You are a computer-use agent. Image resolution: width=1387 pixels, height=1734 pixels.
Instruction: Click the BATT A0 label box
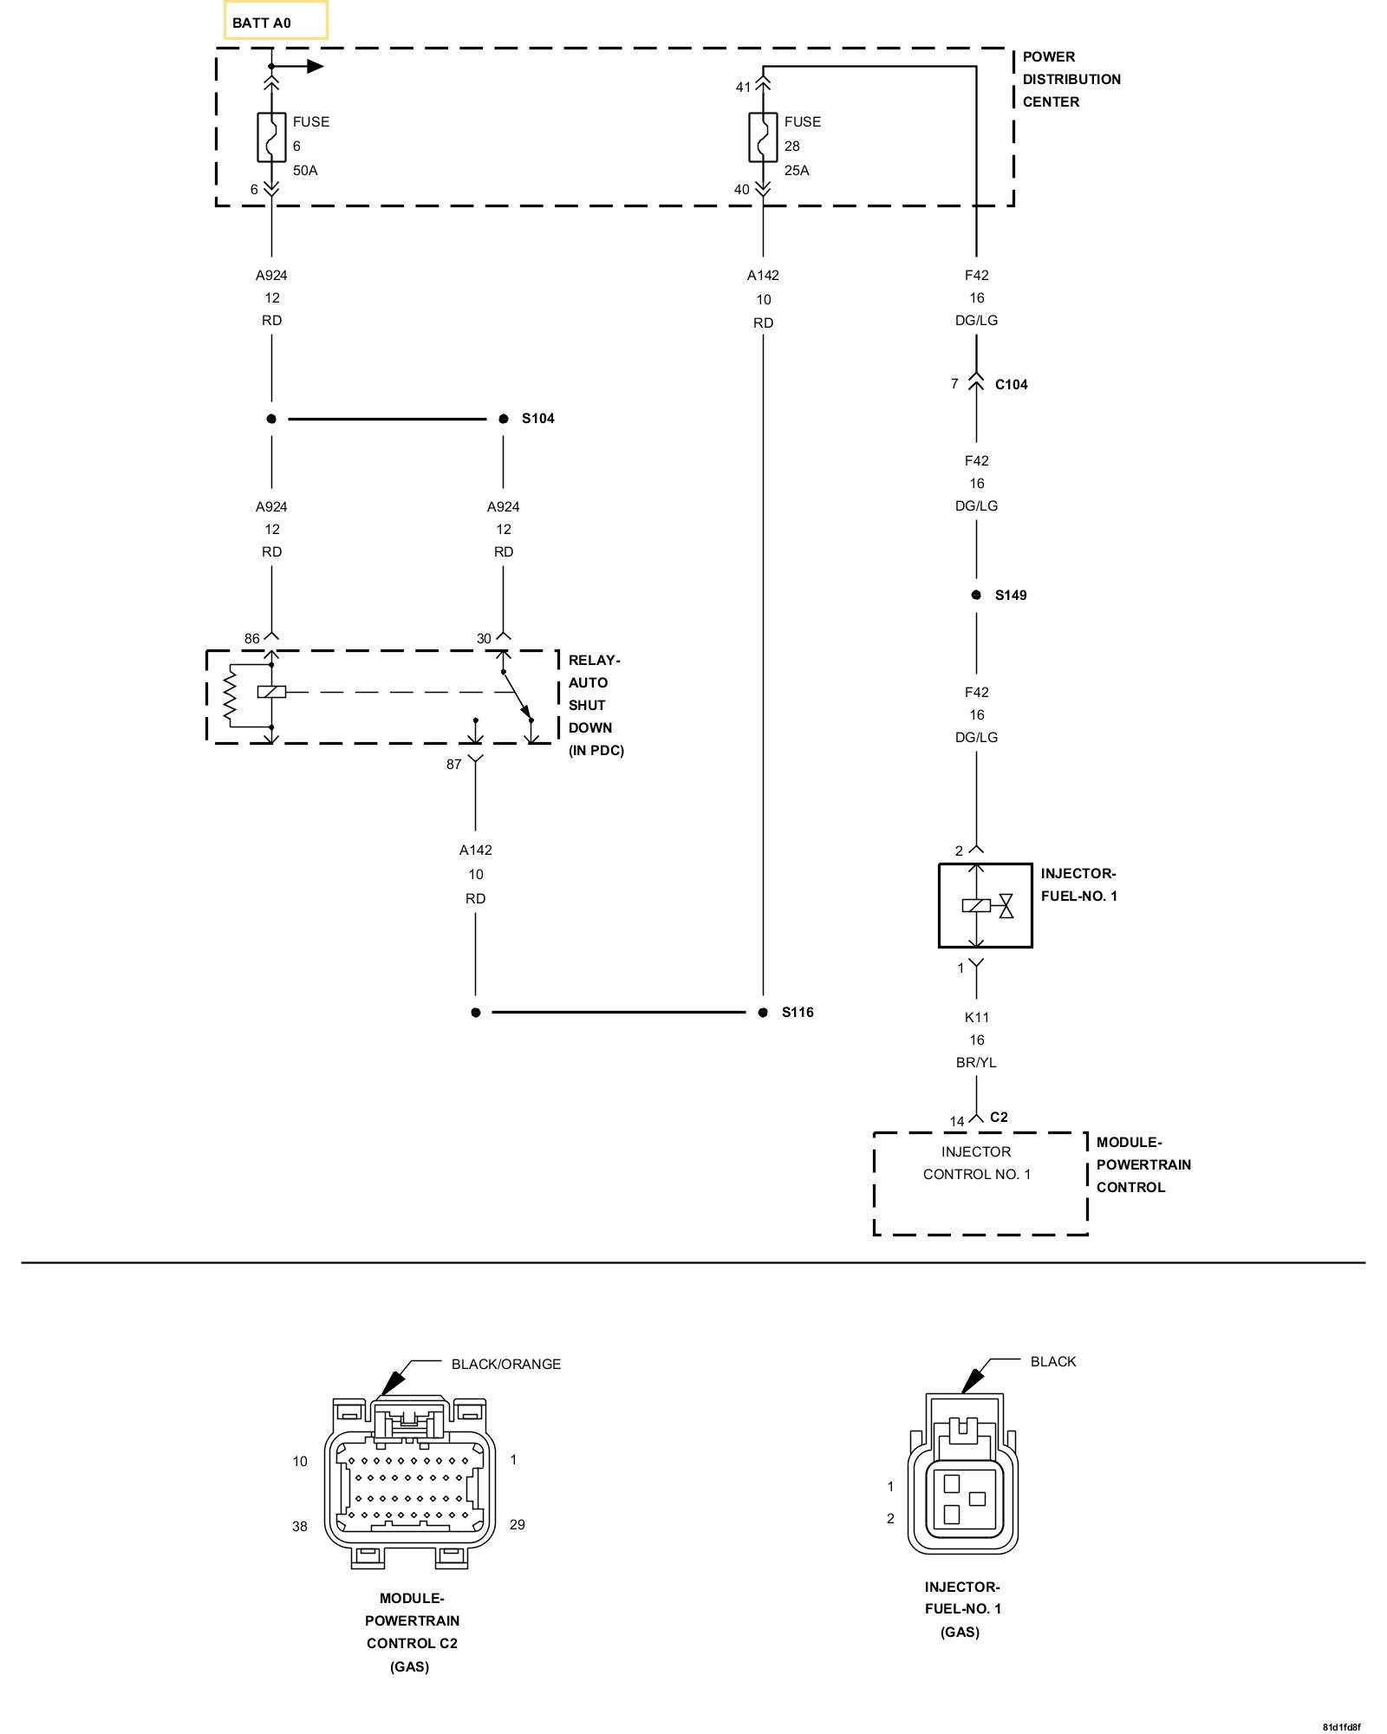click(276, 21)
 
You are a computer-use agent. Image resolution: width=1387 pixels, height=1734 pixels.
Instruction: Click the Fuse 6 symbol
click(271, 137)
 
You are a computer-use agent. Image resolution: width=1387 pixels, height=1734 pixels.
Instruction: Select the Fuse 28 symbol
click(763, 137)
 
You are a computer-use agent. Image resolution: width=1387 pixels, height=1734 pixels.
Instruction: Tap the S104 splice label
click(537, 419)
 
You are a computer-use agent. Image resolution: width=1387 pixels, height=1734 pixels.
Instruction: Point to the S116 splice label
click(798, 1013)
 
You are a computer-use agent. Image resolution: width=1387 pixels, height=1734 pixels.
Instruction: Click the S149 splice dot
click(976, 595)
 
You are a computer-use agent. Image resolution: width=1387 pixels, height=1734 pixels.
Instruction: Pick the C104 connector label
click(1011, 385)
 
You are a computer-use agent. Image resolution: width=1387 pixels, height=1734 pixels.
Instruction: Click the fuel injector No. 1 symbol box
click(986, 905)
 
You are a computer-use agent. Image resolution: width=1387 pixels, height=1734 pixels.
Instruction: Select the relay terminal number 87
click(454, 765)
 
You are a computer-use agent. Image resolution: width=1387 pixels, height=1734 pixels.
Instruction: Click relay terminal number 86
click(251, 639)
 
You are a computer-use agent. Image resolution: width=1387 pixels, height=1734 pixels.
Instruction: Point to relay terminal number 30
click(484, 639)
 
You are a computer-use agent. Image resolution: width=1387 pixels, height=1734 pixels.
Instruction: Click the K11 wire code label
click(977, 1017)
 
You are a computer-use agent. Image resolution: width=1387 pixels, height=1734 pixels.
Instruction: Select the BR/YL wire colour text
click(977, 1062)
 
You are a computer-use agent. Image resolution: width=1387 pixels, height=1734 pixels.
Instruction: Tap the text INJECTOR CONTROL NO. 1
click(977, 1163)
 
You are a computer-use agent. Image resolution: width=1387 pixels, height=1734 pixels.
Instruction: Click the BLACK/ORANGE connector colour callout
click(506, 1364)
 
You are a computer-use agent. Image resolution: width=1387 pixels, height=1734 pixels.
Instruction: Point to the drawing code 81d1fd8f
click(1341, 1726)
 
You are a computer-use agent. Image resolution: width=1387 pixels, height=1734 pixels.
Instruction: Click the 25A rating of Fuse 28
click(797, 171)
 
